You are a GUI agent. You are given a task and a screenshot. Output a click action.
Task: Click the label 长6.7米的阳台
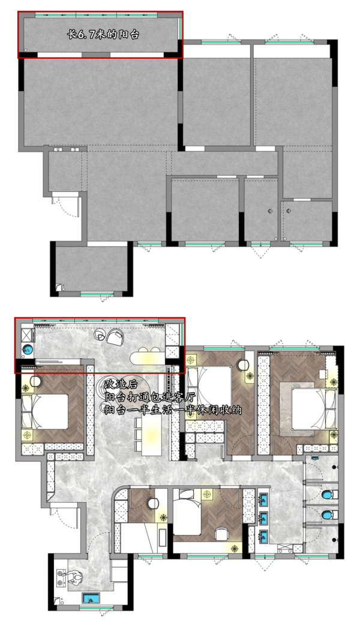click(x=103, y=35)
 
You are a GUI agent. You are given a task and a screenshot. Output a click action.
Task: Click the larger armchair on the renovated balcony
click(x=115, y=338)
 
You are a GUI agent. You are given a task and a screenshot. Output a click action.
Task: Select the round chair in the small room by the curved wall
click(x=152, y=503)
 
